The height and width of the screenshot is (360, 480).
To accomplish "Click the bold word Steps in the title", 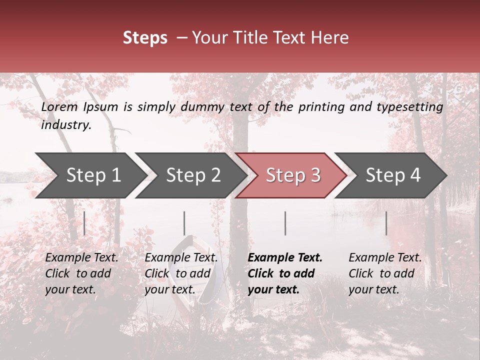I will pos(145,38).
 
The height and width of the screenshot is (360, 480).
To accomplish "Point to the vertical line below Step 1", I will pos(84,223).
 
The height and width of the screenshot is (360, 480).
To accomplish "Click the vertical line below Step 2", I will pos(184,223).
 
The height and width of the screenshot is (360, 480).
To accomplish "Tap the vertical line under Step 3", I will pos(285,223).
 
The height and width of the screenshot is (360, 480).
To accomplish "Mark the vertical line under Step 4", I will pos(386,223).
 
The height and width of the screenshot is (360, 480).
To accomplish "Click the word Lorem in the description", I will pos(59,107).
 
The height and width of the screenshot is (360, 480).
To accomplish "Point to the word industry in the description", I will pos(65,125).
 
